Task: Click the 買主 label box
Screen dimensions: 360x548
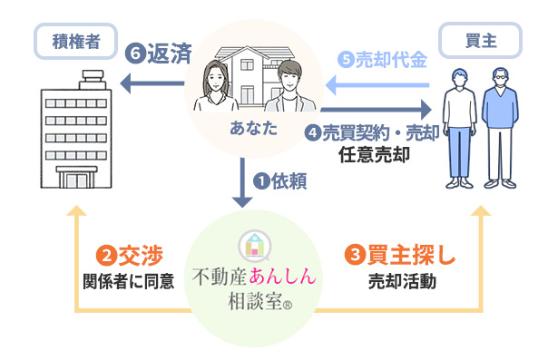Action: coord(479,39)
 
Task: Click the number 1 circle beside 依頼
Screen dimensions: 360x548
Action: coord(259,181)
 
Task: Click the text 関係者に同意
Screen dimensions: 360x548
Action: coord(122,281)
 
